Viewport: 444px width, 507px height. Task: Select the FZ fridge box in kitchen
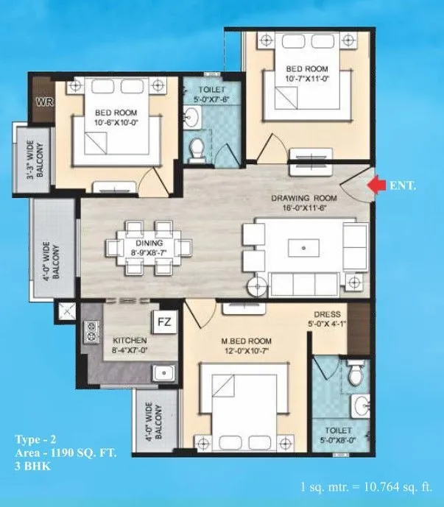162,321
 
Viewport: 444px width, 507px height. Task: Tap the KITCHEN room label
130,341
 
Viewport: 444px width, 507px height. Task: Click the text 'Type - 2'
36,439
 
